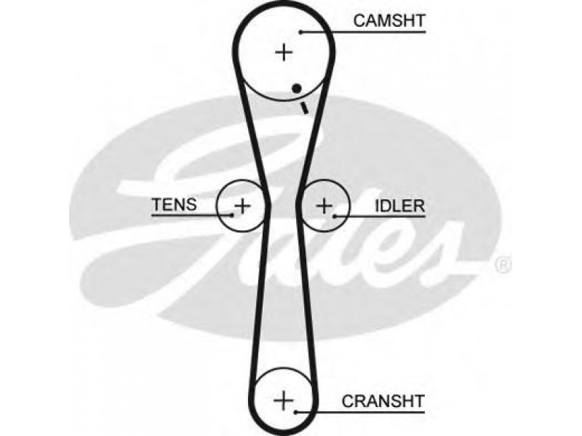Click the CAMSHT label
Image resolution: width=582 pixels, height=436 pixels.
(389, 21)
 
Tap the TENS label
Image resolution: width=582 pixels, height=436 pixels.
(175, 204)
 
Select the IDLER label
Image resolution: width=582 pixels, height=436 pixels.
(399, 206)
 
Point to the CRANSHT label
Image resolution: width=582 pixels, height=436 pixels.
(383, 401)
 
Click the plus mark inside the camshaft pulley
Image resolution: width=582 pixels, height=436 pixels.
(284, 52)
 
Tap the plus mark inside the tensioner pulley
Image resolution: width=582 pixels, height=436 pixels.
(242, 206)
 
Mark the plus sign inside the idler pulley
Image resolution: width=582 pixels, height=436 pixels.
(324, 206)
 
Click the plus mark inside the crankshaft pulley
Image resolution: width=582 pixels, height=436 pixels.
(283, 400)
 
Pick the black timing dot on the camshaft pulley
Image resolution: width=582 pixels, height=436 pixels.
(296, 89)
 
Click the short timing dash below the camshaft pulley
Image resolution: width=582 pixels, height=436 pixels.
(304, 108)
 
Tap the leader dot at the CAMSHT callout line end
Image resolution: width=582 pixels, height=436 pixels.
(300, 32)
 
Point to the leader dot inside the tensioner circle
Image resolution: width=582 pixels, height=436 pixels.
(232, 214)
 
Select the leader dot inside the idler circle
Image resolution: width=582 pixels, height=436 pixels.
(335, 216)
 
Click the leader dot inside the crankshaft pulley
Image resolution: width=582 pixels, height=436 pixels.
(295, 412)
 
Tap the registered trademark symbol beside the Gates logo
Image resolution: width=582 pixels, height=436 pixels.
(503, 265)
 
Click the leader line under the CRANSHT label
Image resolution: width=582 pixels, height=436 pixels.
(360, 412)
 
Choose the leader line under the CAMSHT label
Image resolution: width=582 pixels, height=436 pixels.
(363, 32)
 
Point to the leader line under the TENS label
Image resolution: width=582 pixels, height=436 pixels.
(192, 215)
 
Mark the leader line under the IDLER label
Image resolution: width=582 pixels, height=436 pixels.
(380, 216)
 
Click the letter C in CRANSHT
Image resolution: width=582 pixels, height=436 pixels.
(348, 401)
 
